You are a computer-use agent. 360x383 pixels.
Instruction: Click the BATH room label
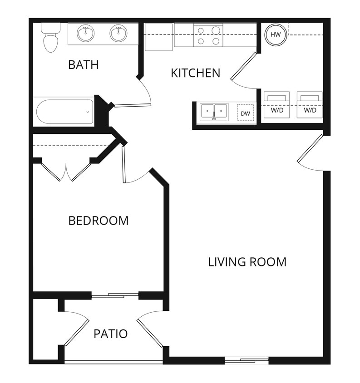tap(83, 65)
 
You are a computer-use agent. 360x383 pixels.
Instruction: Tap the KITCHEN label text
tap(195, 73)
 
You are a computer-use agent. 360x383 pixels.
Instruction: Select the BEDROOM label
tap(98, 221)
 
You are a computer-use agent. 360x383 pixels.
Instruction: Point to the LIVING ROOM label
tap(247, 262)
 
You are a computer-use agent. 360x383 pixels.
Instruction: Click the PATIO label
tap(110, 334)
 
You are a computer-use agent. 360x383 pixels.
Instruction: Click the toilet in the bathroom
tap(50, 37)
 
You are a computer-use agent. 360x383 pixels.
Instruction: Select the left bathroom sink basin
tap(85, 34)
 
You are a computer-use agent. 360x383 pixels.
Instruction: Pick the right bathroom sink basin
tap(118, 34)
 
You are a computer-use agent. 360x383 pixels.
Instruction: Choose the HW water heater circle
tap(275, 34)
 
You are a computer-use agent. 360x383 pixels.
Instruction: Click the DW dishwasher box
tap(245, 113)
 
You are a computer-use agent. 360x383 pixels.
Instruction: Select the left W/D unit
tap(276, 104)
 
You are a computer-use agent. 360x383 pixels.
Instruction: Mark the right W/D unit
tap(310, 104)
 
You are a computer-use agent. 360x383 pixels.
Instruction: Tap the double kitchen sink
tap(214, 111)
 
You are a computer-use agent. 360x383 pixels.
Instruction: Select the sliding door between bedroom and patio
tap(115, 295)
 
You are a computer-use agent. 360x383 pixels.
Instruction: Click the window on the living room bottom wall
tap(247, 361)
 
